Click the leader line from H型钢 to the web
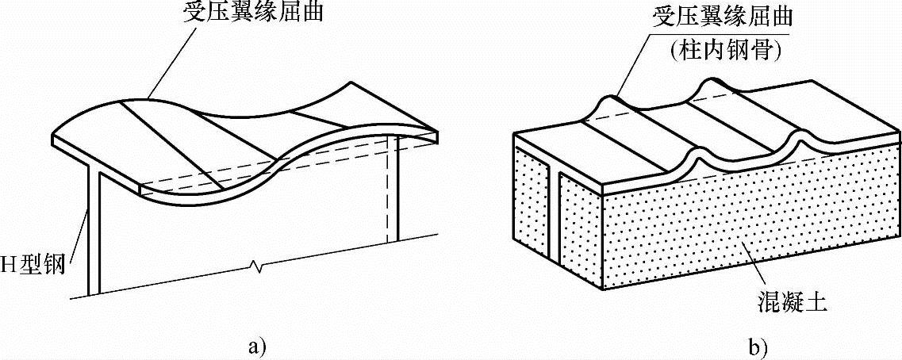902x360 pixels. point(79,230)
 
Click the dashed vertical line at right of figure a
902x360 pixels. point(389,190)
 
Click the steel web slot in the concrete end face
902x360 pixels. point(555,214)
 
